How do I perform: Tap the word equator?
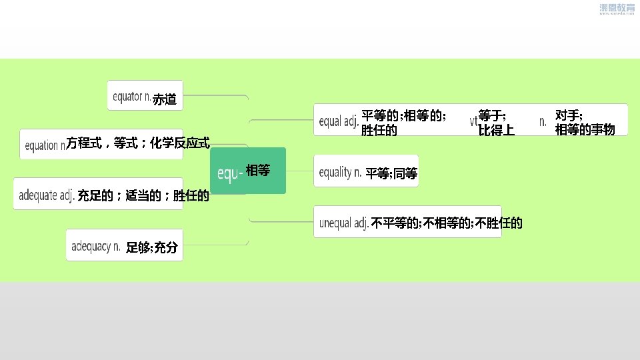point(127,97)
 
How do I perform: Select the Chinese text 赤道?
point(165,100)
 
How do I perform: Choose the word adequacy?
point(91,247)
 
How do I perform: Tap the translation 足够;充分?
point(152,247)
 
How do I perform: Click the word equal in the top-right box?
point(331,121)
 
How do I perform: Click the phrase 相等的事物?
point(585,129)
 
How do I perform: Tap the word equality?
point(335,173)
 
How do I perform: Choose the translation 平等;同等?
point(391,174)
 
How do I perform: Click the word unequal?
point(337,223)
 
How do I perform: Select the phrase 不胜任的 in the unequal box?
point(499,223)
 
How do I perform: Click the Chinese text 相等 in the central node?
point(258,171)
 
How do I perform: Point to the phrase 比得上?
point(496,130)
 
